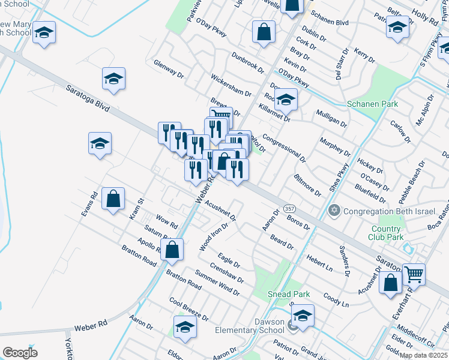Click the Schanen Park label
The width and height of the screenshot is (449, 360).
coord(373,104)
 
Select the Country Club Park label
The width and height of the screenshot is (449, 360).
coord(386,233)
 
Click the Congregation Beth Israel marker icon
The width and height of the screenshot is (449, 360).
coord(334,210)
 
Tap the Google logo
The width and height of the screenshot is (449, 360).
coord(20,353)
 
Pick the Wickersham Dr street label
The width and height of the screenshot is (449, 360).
coord(231,86)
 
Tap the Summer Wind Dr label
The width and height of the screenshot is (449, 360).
coord(217,284)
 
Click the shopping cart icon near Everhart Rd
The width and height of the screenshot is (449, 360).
coord(414,274)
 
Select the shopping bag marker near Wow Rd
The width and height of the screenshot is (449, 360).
coord(113,199)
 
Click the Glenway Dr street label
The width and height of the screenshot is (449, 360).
coord(169,68)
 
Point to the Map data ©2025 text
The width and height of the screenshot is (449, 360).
coord(423,355)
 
